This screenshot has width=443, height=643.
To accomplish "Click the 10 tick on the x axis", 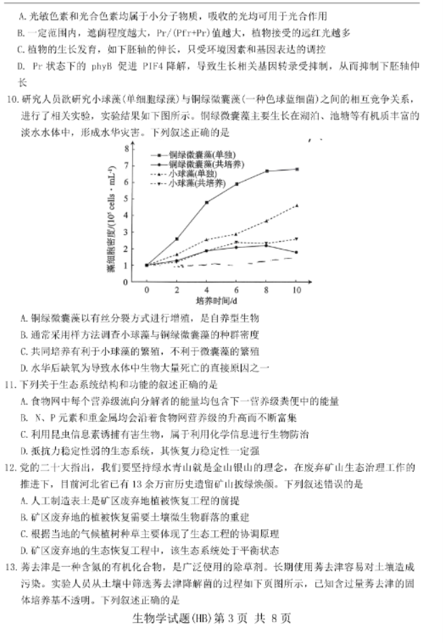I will point(296,290).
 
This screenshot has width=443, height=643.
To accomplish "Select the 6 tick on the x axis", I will point(236,290).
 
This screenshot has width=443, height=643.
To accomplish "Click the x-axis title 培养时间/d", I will point(216,300).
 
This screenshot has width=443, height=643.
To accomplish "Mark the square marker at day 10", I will point(296,169).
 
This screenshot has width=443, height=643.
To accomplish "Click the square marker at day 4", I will point(206,202).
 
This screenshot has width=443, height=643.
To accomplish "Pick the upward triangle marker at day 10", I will point(296,205).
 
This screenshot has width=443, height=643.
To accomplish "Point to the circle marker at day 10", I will point(296,252).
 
